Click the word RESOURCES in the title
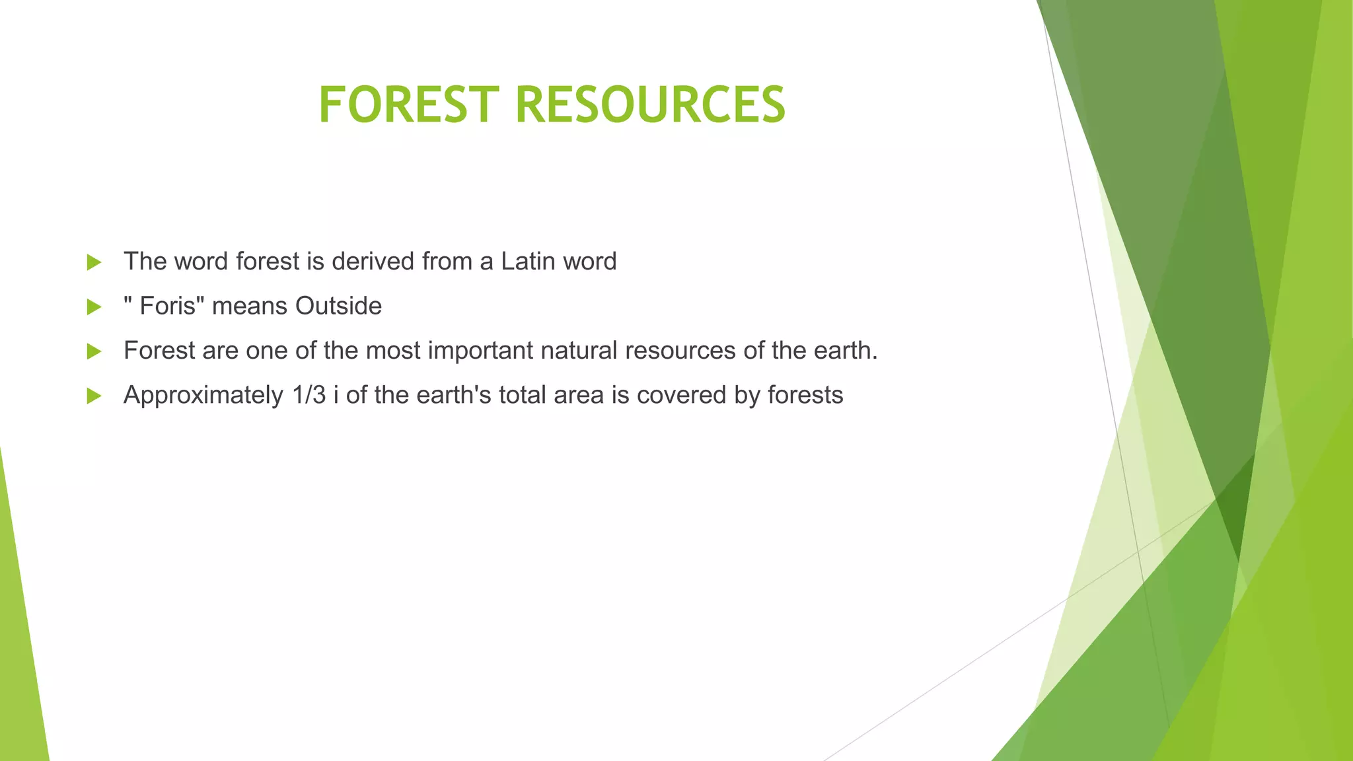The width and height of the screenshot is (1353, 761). tap(650, 104)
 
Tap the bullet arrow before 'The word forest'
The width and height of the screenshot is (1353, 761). tap(94, 262)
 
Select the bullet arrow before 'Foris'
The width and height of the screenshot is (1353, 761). tap(94, 307)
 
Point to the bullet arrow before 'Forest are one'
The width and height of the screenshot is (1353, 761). tap(94, 351)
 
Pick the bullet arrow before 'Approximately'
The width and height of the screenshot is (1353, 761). tap(94, 396)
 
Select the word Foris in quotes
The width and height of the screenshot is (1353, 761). tap(168, 307)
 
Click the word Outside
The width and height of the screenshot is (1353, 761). tap(338, 307)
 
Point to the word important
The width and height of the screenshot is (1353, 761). tap(480, 351)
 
